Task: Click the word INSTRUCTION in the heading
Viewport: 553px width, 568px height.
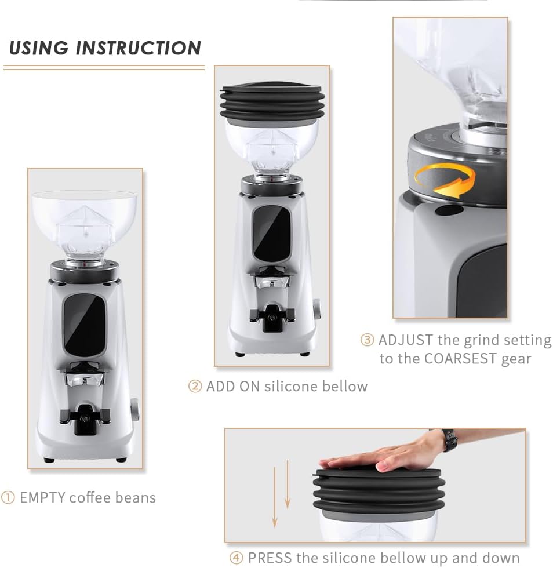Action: click(139, 48)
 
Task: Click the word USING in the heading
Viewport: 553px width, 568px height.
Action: click(38, 48)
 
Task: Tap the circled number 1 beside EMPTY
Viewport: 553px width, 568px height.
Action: click(8, 498)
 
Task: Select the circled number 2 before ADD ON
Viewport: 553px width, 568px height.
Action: click(195, 386)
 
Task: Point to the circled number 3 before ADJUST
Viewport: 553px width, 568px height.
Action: click(367, 340)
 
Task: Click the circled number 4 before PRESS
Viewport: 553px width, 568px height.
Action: click(237, 558)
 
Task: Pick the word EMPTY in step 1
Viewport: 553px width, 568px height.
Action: click(42, 498)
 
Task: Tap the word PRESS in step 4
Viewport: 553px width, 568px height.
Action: click(270, 558)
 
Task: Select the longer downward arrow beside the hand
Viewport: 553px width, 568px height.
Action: click(275, 497)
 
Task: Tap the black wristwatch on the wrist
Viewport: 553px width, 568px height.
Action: click(449, 439)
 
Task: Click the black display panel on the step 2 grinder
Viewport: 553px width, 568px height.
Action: click(272, 234)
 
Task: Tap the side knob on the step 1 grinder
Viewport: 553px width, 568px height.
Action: click(134, 409)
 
